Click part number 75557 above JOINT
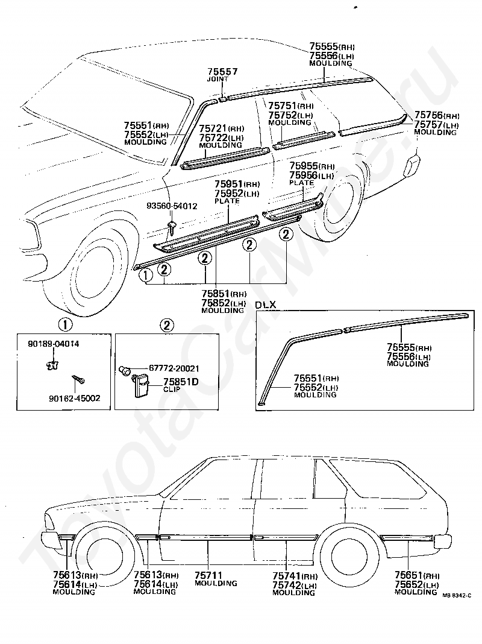pos(222,72)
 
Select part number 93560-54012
pos(172,206)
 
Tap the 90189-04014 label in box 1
pos(54,344)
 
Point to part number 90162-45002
pos(74,398)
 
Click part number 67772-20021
pos(174,368)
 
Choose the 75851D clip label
pos(181,382)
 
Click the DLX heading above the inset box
pos(266,305)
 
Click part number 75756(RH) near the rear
pos(436,115)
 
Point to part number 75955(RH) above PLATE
pos(311,166)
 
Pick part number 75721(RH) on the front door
pos(222,128)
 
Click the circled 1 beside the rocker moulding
pos(146,275)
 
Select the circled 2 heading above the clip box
pos(166,325)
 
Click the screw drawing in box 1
pos(78,379)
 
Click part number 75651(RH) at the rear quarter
pos(417,575)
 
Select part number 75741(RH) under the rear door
pos(295,576)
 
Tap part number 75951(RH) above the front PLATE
pos(237,184)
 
